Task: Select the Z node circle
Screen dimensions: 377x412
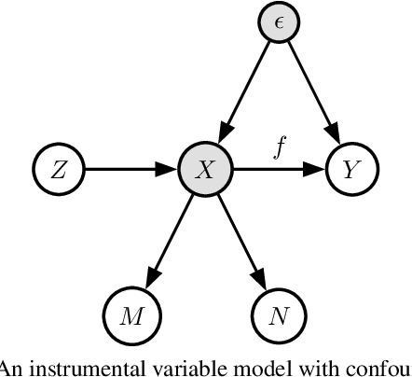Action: click(58, 170)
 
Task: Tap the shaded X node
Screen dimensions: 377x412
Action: click(204, 170)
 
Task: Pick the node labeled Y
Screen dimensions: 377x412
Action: click(350, 170)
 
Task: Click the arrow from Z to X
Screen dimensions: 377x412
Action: click(130, 170)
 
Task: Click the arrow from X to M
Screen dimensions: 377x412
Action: click(168, 242)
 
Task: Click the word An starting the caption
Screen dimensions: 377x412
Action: click(10, 367)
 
